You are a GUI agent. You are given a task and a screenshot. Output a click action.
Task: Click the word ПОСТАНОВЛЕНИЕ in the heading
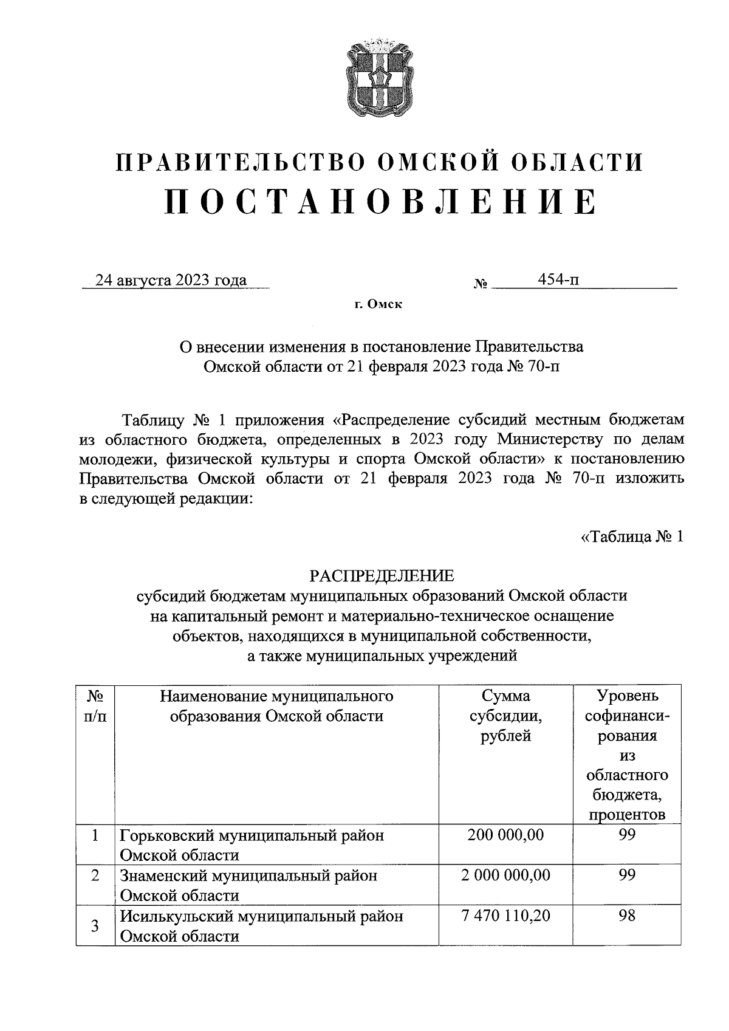[381, 202]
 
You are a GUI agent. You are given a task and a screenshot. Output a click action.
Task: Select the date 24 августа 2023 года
[174, 280]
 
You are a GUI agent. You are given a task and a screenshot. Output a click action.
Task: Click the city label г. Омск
[379, 304]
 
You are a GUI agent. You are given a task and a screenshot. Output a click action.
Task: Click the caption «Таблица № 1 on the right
[632, 536]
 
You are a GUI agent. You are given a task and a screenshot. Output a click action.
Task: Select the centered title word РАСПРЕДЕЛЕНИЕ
[382, 574]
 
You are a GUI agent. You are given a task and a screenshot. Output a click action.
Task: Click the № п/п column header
[95, 705]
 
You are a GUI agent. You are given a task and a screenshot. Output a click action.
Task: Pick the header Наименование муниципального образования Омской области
[277, 705]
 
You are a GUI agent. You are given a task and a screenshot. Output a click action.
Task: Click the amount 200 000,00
[505, 835]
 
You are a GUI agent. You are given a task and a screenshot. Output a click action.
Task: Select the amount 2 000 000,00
[505, 875]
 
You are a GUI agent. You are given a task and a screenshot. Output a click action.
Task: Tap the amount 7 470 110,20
[505, 916]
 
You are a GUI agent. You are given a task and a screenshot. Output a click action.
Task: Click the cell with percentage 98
[627, 916]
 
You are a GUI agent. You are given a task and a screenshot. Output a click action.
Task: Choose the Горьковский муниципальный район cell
[252, 844]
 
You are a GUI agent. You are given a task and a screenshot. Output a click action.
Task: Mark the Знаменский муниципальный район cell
[248, 885]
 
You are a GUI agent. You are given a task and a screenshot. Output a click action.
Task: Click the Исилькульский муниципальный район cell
[261, 925]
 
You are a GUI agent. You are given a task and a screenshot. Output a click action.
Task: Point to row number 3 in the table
[95, 927]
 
